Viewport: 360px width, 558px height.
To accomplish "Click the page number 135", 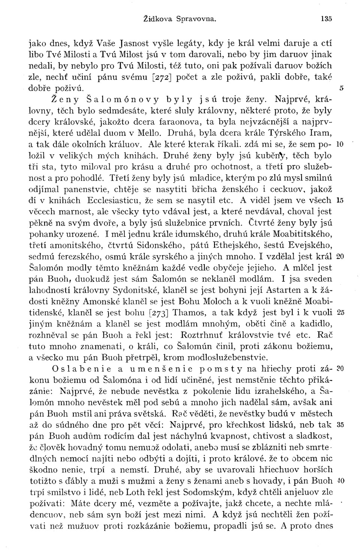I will pos(327,18).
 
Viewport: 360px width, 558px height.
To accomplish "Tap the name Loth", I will pos(136,491).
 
